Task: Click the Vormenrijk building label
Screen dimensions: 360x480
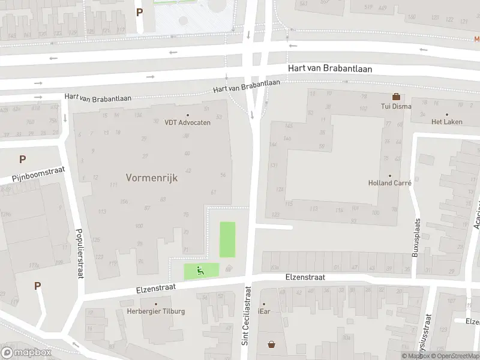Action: (152, 178)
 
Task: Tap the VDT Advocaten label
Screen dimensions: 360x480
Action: (187, 122)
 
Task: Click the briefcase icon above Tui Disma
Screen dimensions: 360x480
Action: (395, 97)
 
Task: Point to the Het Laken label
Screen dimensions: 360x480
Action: (446, 121)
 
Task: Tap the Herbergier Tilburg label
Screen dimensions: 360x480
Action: (156, 311)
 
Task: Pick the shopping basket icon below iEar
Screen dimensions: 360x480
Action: (272, 344)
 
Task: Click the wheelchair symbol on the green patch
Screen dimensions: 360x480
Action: (202, 271)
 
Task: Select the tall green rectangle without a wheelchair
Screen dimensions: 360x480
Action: (227, 239)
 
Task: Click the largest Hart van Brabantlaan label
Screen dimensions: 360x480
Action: (329, 69)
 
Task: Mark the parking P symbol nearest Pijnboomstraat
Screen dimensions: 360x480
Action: (22, 160)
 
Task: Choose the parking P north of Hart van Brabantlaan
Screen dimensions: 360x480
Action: (140, 12)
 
